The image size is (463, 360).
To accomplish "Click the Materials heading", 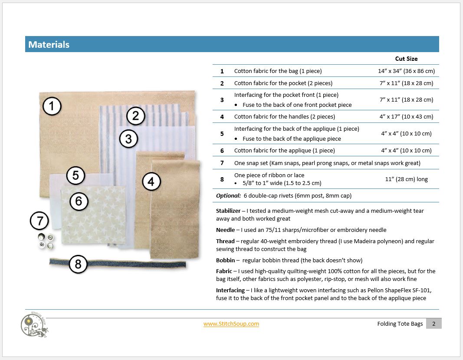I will point(49,44).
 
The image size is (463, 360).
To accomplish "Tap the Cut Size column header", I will point(406,59).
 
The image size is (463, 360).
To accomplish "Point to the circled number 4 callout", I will point(151,182).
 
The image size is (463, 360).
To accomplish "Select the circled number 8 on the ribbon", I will point(78,264).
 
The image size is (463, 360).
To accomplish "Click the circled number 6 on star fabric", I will point(79,201).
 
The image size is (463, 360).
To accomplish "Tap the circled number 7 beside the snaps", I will point(39,221).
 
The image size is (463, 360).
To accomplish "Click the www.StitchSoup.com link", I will point(231,324).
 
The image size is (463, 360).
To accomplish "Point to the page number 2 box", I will point(433,324).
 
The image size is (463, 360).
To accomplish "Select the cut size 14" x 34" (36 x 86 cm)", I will point(406,71).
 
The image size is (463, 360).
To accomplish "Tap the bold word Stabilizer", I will point(229,211).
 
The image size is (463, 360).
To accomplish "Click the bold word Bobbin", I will point(226,260).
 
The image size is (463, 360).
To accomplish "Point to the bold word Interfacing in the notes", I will point(230,290).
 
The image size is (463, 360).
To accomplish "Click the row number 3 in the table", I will point(222,100).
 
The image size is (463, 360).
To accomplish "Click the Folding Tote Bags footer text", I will point(400,324).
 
